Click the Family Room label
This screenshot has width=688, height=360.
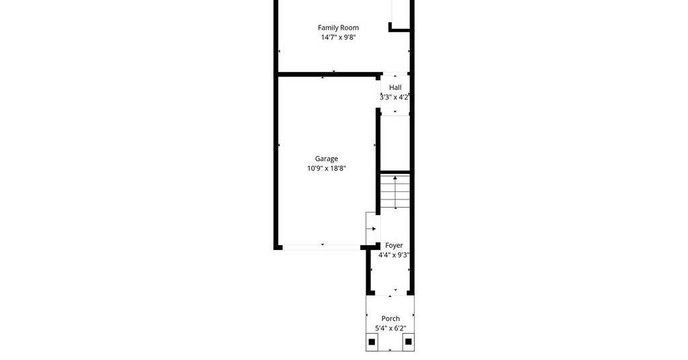click(x=339, y=28)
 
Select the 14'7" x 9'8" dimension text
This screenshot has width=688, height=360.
click(x=339, y=37)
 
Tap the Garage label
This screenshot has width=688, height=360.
click(x=327, y=159)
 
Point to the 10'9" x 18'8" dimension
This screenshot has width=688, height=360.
click(x=327, y=169)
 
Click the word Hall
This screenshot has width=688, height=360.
click(x=395, y=88)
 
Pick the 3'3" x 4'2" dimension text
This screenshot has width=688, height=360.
click(x=394, y=97)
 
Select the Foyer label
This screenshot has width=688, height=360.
click(x=394, y=246)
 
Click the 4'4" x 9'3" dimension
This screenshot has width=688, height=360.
click(x=394, y=255)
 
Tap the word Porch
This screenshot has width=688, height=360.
click(x=390, y=319)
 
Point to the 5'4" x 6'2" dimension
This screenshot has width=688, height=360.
click(x=390, y=328)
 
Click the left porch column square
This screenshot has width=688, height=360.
click(x=372, y=342)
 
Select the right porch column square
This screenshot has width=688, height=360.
click(x=408, y=341)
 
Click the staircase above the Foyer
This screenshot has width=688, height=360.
click(x=395, y=191)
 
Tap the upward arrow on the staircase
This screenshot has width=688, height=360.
click(x=395, y=191)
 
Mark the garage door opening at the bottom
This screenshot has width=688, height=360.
click(x=322, y=248)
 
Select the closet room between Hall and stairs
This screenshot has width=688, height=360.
click(x=395, y=143)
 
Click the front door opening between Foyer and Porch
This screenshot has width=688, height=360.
click(x=390, y=294)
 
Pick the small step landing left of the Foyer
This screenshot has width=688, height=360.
click(x=371, y=228)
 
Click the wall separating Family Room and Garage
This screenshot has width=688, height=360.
click(x=328, y=75)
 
